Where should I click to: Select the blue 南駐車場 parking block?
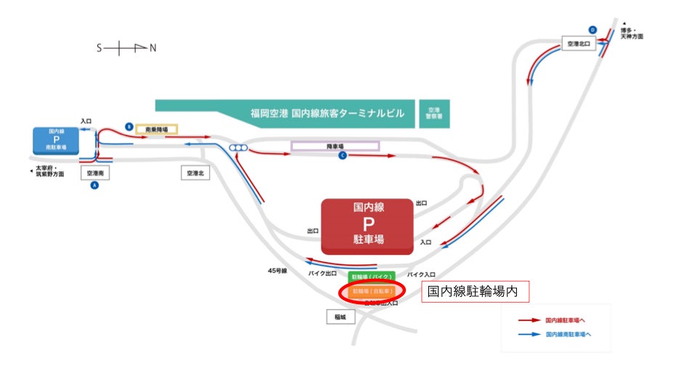[x=55, y=139]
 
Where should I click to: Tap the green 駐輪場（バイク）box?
[x=371, y=277]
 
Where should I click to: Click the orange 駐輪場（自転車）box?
[x=371, y=291]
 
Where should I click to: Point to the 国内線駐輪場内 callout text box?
[x=476, y=292]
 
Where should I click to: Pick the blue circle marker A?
[x=94, y=186]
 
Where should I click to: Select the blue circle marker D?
[x=592, y=30]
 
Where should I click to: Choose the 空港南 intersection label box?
[x=95, y=173]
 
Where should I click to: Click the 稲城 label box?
[x=341, y=317]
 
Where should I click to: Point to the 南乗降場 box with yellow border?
[x=156, y=129]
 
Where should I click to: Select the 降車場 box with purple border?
[x=335, y=146]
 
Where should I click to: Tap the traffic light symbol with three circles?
[x=238, y=147]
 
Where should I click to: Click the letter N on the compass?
[x=152, y=48]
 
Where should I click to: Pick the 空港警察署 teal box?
[x=434, y=114]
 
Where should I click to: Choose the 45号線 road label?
[x=277, y=271]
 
